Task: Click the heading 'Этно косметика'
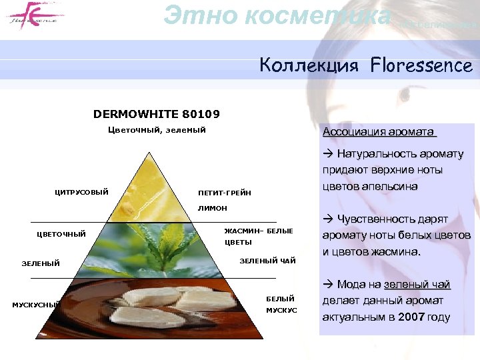[x=277, y=15]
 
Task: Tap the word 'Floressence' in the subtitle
[x=421, y=65]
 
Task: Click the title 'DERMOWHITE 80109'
[x=157, y=114]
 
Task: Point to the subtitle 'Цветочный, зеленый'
[x=157, y=129]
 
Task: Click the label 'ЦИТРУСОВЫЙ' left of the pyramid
[x=81, y=193]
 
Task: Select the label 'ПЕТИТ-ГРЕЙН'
[x=225, y=193]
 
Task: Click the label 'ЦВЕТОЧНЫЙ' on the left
[x=61, y=234]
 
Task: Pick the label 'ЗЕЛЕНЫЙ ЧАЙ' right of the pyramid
[x=267, y=261]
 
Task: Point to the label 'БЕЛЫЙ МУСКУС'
[x=281, y=305]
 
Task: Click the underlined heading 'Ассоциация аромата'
[x=379, y=131]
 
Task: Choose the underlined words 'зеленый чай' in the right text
[x=417, y=285]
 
